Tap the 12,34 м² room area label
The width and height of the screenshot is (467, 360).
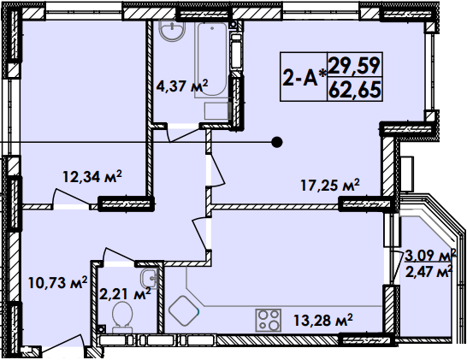[92, 177]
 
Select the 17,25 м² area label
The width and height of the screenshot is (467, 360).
[329, 185]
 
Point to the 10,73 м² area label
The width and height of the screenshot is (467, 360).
[58, 281]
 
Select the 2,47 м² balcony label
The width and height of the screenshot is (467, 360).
[429, 273]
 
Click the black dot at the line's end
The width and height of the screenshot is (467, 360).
[276, 142]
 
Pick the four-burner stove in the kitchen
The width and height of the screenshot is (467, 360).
[269, 320]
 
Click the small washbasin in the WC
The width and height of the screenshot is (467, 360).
[149, 277]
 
